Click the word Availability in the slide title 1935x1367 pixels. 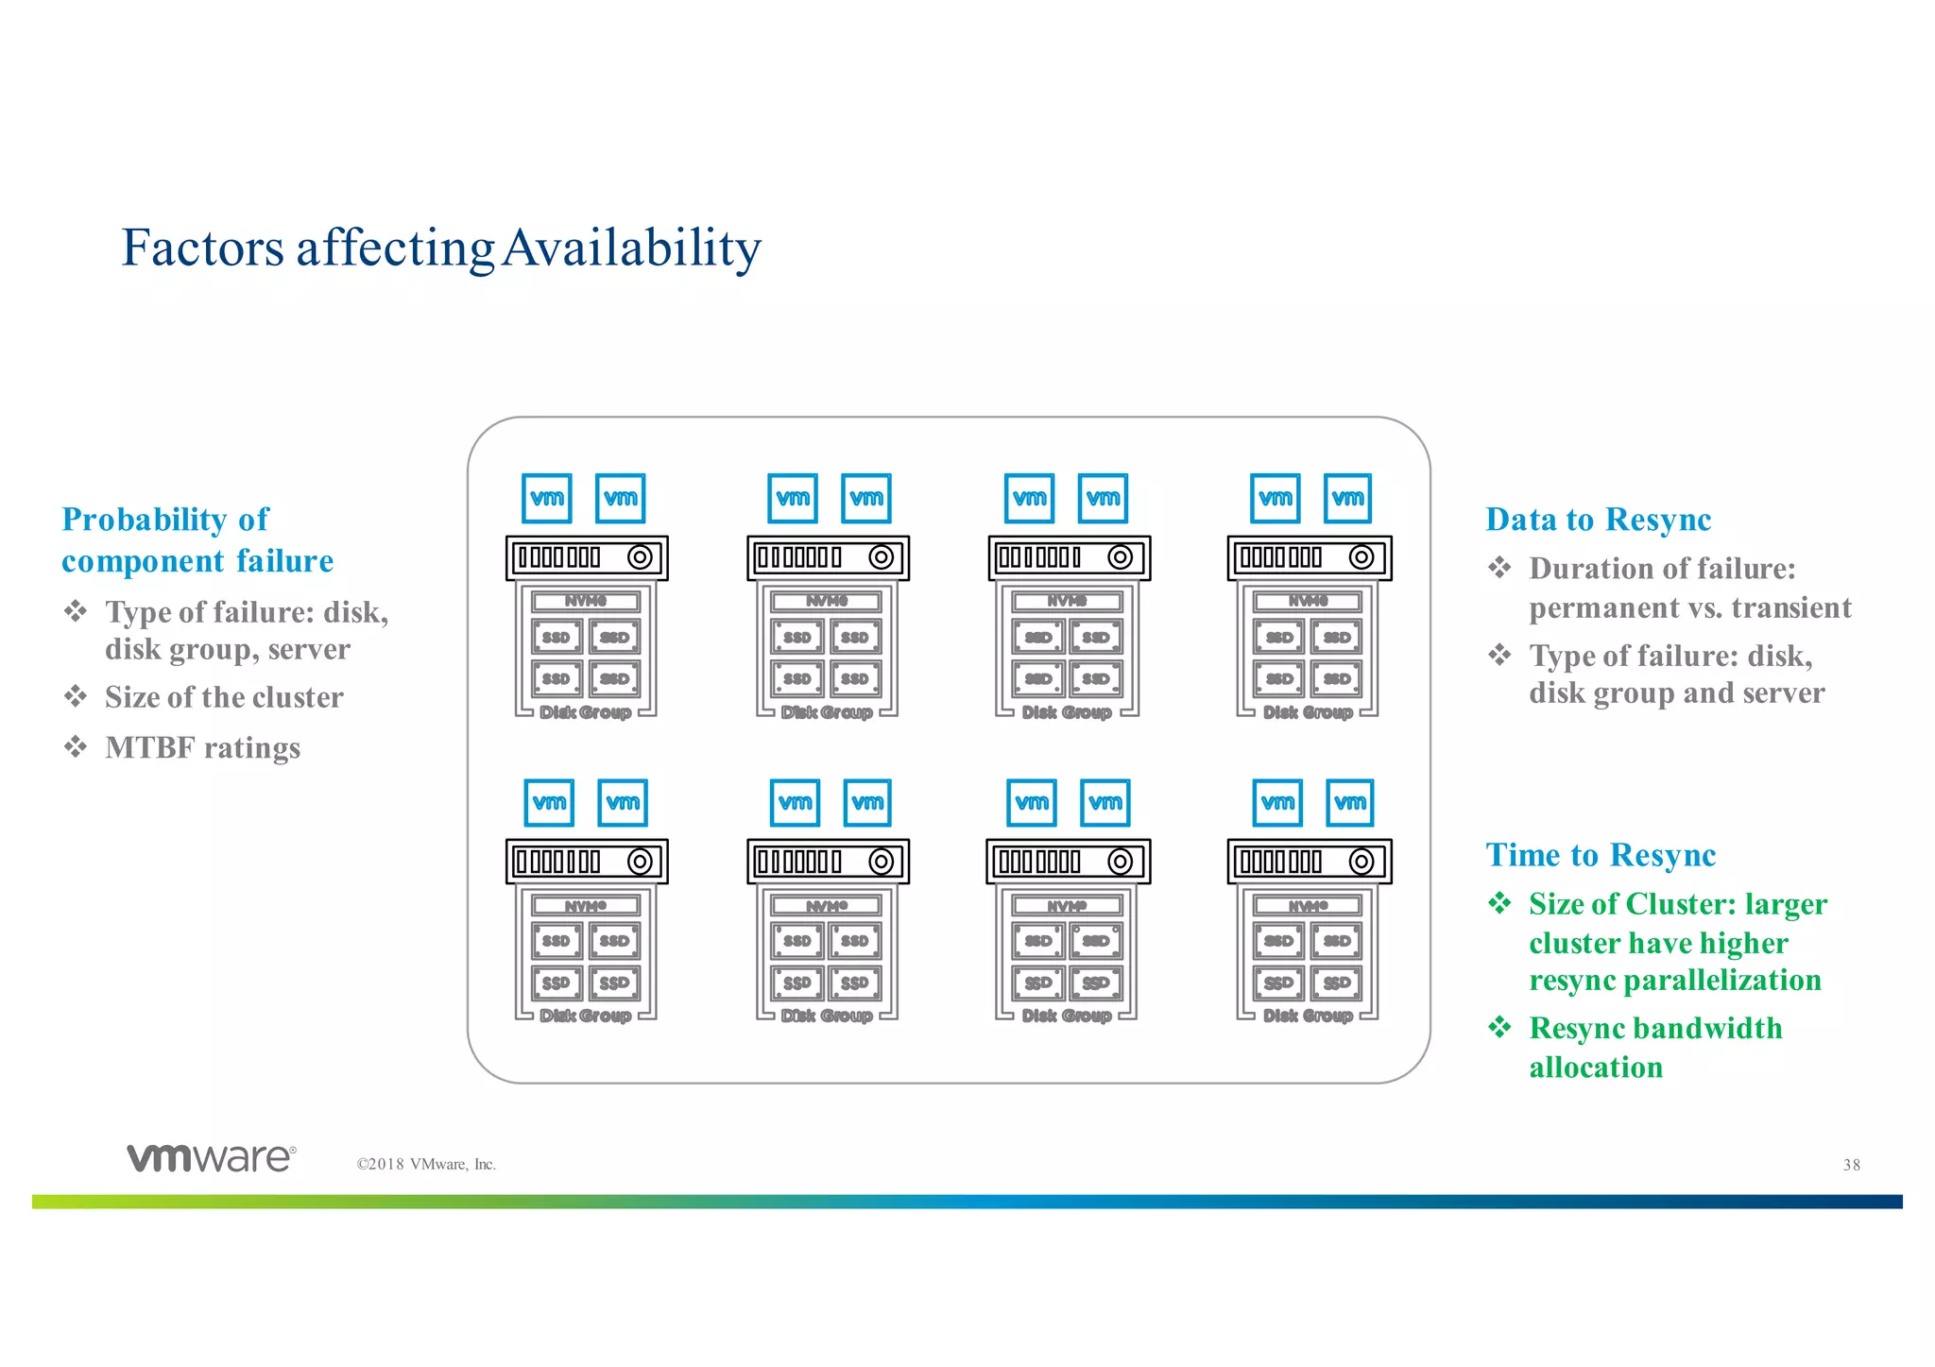[x=631, y=248]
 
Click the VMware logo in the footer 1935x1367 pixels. [x=212, y=1158]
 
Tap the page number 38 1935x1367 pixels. [x=1851, y=1165]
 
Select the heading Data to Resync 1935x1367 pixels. [x=1598, y=520]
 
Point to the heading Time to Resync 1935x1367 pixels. [x=1601, y=855]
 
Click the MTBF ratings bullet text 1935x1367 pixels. [x=202, y=748]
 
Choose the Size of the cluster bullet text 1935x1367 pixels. [x=224, y=697]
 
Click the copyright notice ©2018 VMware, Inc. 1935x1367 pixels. [x=426, y=1165]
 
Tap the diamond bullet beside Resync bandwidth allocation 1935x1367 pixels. [x=1499, y=1027]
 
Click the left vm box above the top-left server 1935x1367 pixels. [x=547, y=499]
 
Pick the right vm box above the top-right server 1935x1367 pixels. [x=1347, y=499]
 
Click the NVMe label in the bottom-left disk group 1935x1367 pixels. [x=586, y=906]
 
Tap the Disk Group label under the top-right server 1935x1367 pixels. [x=1308, y=712]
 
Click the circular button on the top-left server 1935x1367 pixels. [x=640, y=557]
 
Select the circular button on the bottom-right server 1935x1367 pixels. [x=1361, y=862]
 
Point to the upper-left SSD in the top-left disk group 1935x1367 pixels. [x=557, y=638]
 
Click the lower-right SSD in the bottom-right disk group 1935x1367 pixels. [x=1337, y=983]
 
